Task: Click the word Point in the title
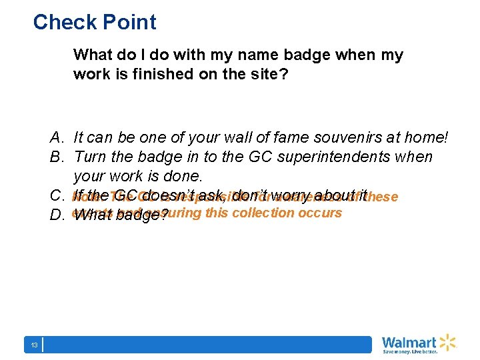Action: point(127,23)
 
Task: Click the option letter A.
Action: point(56,138)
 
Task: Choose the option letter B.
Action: point(56,157)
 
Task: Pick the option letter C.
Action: point(56,196)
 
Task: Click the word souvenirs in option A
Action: point(330,138)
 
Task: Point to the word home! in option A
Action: point(425,138)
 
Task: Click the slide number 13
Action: point(33,345)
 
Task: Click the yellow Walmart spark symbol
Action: point(446,343)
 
